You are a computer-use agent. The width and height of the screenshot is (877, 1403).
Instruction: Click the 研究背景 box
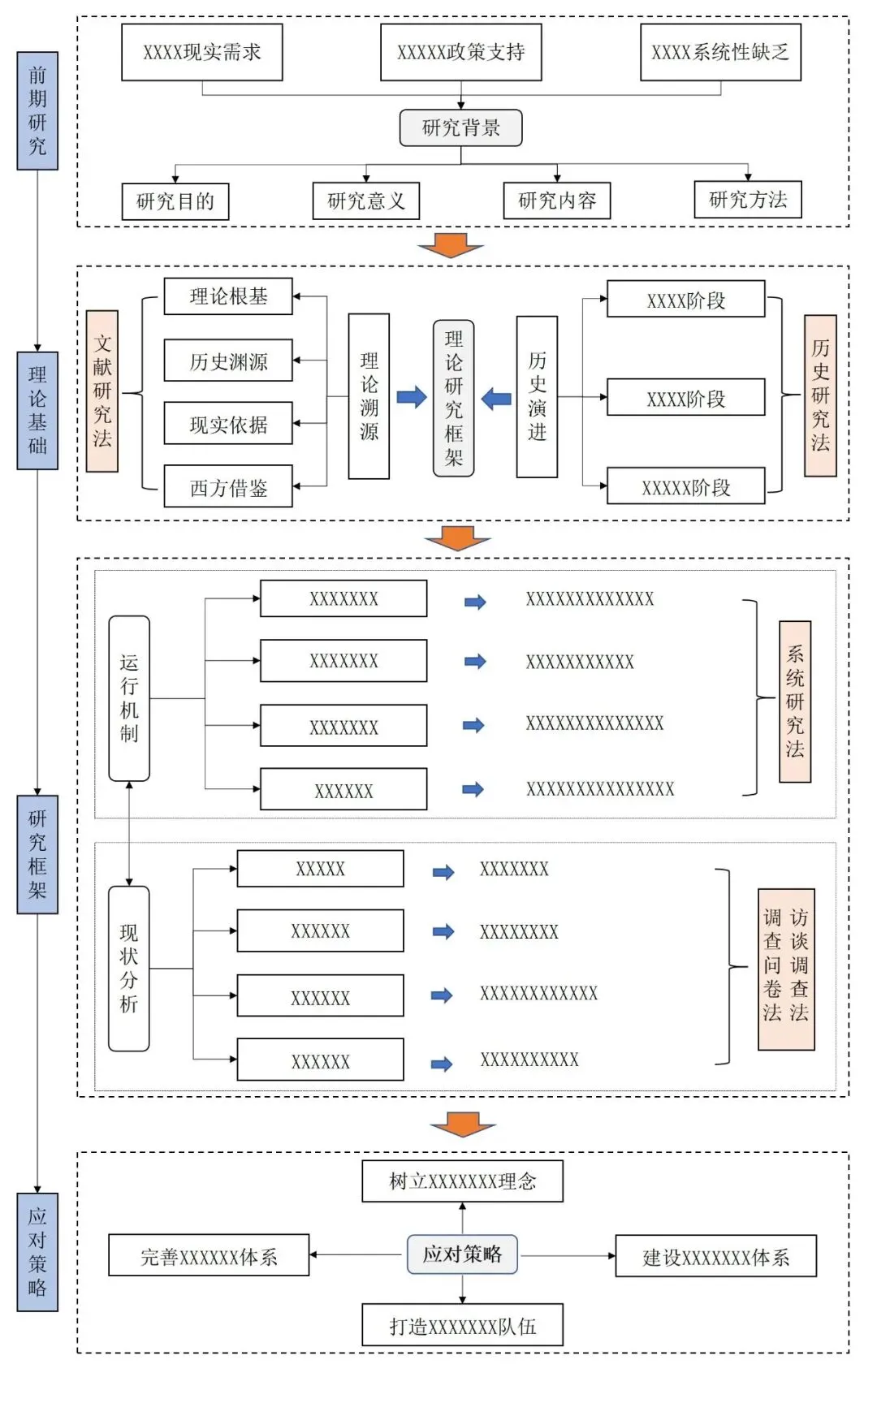(460, 127)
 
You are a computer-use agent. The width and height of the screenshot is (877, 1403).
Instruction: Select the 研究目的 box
(175, 201)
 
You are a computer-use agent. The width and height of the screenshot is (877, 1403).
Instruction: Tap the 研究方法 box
(748, 200)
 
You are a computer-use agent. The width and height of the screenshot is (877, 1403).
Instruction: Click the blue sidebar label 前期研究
(37, 111)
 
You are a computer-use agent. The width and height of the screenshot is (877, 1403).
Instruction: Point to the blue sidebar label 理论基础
(37, 411)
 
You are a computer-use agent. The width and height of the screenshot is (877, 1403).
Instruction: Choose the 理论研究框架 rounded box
(454, 398)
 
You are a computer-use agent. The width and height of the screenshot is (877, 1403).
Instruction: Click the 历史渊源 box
(228, 360)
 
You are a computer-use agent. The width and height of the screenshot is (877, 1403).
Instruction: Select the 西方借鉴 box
(228, 487)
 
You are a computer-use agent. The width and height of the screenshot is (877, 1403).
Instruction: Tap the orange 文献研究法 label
(102, 391)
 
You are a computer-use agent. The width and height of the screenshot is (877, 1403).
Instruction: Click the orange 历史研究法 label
(820, 395)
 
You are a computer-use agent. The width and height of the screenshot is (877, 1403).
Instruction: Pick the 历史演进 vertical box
(537, 396)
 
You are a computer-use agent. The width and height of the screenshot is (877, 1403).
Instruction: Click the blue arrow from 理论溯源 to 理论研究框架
(412, 397)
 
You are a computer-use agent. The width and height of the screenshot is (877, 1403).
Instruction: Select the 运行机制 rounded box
(129, 698)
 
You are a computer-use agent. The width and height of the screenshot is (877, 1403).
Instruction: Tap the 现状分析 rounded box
(129, 969)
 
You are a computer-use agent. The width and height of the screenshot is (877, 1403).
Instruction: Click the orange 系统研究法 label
(795, 701)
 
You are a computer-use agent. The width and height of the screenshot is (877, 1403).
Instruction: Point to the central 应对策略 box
(462, 1254)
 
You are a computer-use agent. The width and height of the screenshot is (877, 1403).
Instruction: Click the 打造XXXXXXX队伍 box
(462, 1325)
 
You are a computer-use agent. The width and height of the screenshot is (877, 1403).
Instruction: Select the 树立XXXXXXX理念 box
(462, 1181)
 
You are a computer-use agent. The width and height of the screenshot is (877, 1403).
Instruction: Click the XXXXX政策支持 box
(461, 52)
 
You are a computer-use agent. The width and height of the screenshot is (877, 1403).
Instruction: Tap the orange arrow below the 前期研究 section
(451, 245)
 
